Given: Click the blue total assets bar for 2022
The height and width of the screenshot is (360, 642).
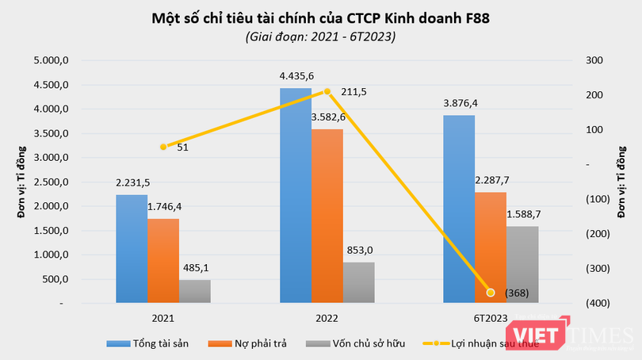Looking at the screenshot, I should click(295, 195).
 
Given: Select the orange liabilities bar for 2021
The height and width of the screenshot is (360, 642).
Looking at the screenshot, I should click(162, 261).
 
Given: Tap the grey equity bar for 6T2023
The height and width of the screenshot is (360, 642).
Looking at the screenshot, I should click(522, 264).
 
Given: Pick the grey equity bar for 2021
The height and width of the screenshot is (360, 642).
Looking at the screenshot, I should click(194, 291).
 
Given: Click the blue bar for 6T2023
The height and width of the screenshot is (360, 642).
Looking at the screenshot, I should click(459, 209).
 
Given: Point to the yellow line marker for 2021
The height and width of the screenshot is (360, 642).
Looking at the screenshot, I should click(163, 147).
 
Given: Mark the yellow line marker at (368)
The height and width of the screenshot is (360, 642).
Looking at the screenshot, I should click(491, 293).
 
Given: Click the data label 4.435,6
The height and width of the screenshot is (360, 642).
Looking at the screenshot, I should click(296, 76).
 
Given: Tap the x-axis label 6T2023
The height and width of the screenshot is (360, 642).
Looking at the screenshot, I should click(491, 318).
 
